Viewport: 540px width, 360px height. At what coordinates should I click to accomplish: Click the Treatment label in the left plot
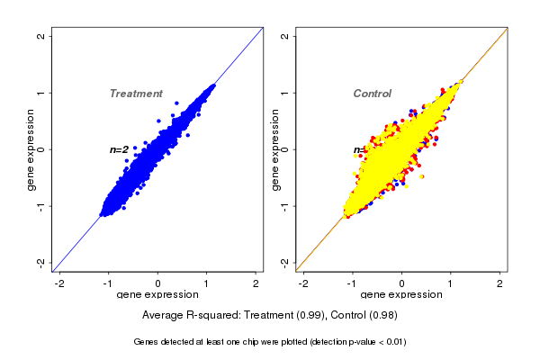pos(136,94)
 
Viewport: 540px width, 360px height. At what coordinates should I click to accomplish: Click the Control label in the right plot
pos(372,94)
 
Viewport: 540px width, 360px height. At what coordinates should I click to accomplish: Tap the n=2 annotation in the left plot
pos(119,149)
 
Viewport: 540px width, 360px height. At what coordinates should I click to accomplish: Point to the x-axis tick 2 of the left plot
pos(256,283)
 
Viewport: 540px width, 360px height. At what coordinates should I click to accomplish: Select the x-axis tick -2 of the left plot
pos(59,283)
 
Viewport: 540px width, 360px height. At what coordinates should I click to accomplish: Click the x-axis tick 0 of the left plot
pos(158,283)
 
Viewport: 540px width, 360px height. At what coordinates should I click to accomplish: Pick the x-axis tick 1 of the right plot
pos(452,283)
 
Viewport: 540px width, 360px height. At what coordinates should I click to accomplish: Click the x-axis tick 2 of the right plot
pos(501,283)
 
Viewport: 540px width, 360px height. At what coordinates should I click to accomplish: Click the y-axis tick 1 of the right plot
pos(285,93)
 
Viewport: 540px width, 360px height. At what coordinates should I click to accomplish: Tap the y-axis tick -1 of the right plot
pos(285,206)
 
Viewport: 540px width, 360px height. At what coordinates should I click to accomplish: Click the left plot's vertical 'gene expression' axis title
pos(31,149)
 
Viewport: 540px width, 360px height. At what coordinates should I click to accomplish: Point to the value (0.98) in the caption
pos(382,315)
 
